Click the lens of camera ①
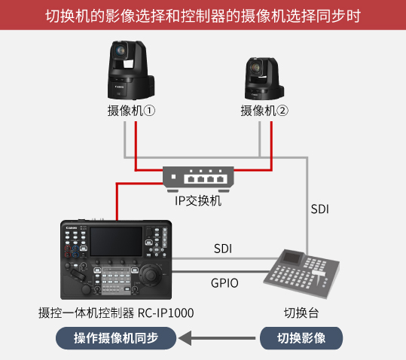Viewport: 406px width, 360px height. [121, 50]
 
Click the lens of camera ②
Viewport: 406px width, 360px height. [256, 67]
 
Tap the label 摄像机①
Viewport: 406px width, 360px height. [131, 111]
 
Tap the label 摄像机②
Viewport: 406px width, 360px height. [264, 111]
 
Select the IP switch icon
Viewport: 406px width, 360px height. [198, 179]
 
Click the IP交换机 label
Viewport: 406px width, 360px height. [198, 201]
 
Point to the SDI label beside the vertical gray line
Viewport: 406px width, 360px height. [320, 209]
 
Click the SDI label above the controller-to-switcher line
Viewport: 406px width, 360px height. [223, 249]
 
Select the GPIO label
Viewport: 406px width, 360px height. [224, 283]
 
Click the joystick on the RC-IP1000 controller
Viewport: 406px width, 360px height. [150, 273]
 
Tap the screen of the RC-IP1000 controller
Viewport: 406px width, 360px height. [116, 242]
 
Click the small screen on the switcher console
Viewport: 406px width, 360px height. [292, 258]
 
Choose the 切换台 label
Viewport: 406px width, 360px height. [301, 313]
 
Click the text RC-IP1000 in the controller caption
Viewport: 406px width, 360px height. [166, 313]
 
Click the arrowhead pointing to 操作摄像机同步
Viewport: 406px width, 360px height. [185, 338]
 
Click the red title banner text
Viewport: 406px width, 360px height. [203, 16]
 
